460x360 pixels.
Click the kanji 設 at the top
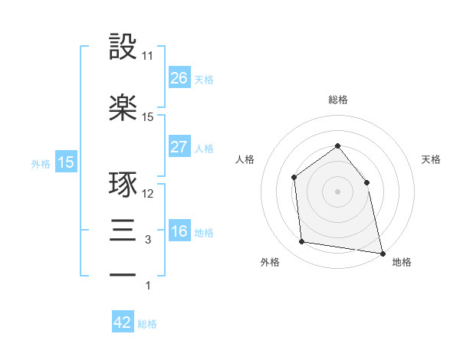tap(123, 47)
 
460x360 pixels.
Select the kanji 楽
tap(123, 108)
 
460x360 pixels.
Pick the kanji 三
tap(123, 231)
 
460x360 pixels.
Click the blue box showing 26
tap(179, 78)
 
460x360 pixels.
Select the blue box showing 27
tap(179, 147)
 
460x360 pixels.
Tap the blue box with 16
tap(179, 232)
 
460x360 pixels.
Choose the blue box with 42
tap(123, 322)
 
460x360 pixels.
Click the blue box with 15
tap(66, 162)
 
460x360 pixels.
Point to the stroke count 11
tap(148, 56)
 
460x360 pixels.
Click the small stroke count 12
tap(148, 194)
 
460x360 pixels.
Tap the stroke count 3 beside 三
tap(148, 241)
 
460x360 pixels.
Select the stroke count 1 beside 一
tap(148, 286)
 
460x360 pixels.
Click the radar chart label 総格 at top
tap(337, 100)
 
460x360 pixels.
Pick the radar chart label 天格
tap(431, 159)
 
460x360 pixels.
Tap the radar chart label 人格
tap(245, 159)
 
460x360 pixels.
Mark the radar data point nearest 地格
tap(381, 252)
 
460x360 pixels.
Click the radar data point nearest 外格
tap(302, 242)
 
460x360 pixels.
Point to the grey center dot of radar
tap(337, 191)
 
